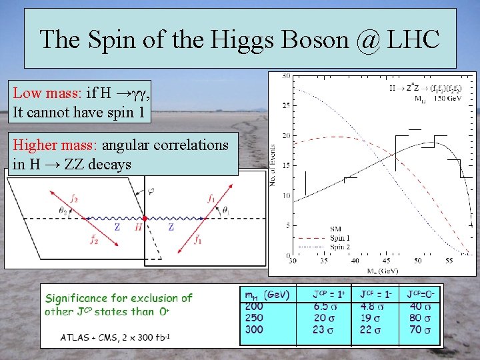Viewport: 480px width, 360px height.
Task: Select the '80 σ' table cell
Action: coord(419,318)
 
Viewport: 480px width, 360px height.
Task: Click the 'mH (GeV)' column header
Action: coord(266,294)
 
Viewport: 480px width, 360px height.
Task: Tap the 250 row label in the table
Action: coord(255,318)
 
